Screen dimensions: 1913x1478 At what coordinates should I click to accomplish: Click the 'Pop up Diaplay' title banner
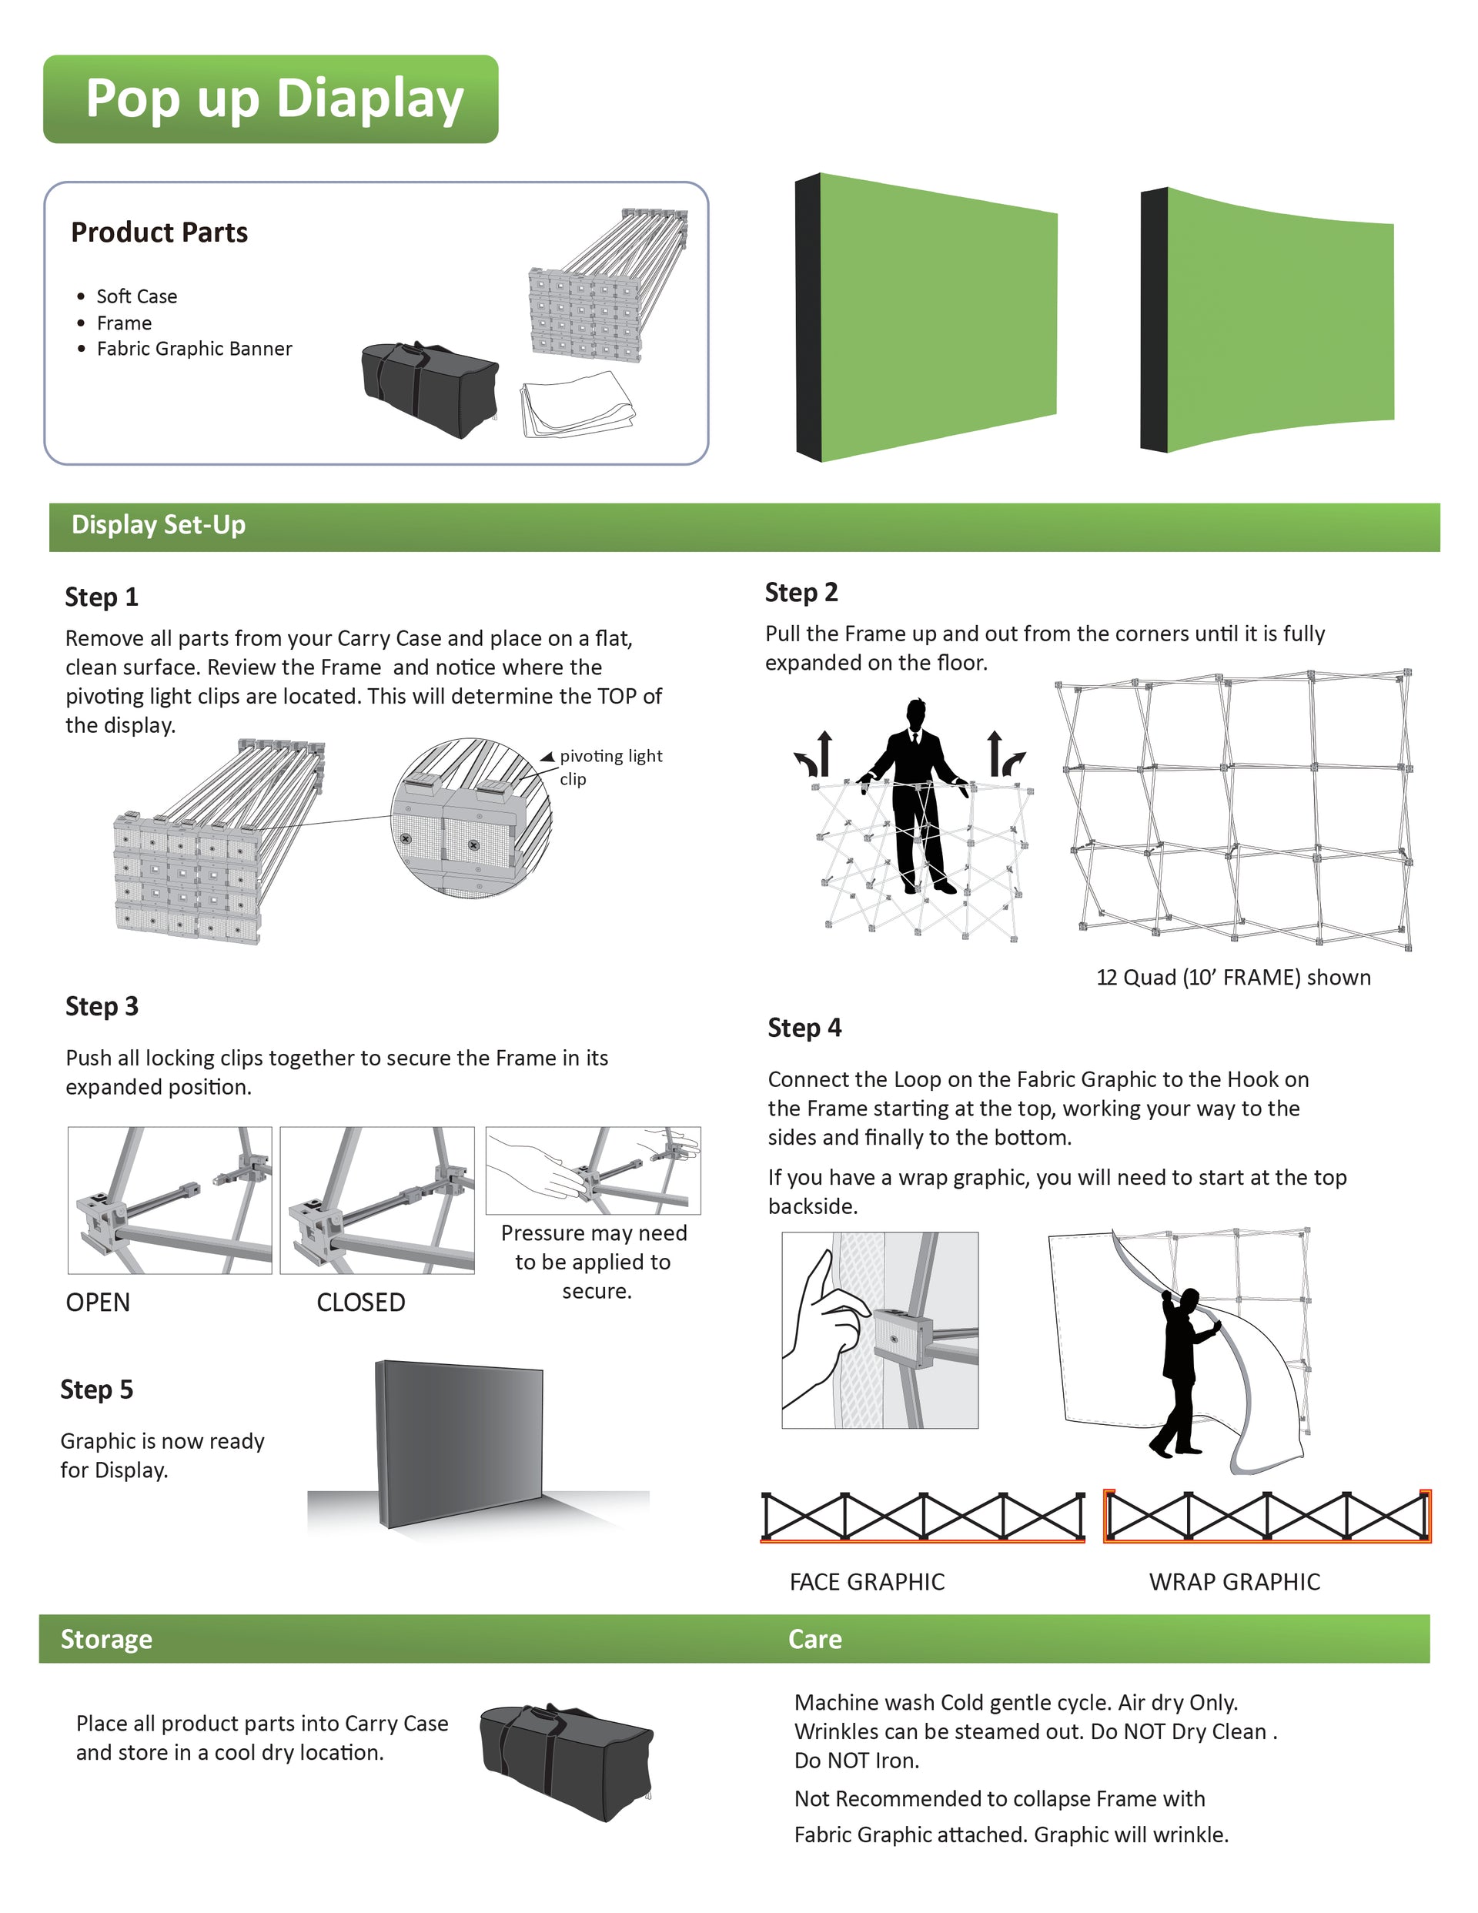click(272, 99)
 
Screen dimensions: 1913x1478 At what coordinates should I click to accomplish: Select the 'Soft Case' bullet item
click(135, 297)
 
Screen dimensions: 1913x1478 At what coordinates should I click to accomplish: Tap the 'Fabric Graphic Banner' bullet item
click(194, 349)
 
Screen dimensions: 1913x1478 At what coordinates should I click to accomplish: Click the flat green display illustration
click(928, 317)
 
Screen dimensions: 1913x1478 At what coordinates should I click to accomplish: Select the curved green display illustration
click(1270, 319)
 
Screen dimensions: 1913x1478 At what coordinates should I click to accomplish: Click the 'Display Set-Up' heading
click(159, 525)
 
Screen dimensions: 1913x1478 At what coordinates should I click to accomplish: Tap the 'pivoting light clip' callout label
click(610, 767)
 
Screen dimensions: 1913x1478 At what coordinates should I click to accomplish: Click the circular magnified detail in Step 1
click(471, 816)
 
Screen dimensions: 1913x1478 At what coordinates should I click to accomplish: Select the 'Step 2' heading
click(801, 593)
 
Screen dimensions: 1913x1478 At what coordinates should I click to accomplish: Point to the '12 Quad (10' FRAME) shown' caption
click(1232, 978)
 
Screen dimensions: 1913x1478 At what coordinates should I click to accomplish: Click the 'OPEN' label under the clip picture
click(97, 1303)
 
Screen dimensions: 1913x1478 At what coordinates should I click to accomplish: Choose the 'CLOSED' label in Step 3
click(360, 1303)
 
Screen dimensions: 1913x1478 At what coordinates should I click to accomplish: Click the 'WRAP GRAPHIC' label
click(1233, 1582)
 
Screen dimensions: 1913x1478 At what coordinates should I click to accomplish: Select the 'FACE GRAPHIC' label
click(867, 1582)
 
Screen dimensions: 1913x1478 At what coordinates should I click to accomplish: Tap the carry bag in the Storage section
click(566, 1761)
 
